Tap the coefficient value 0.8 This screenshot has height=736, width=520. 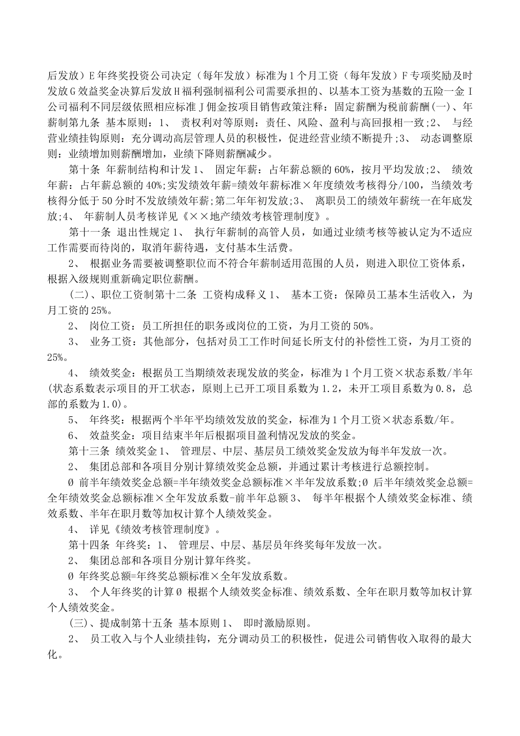(x=441, y=389)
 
